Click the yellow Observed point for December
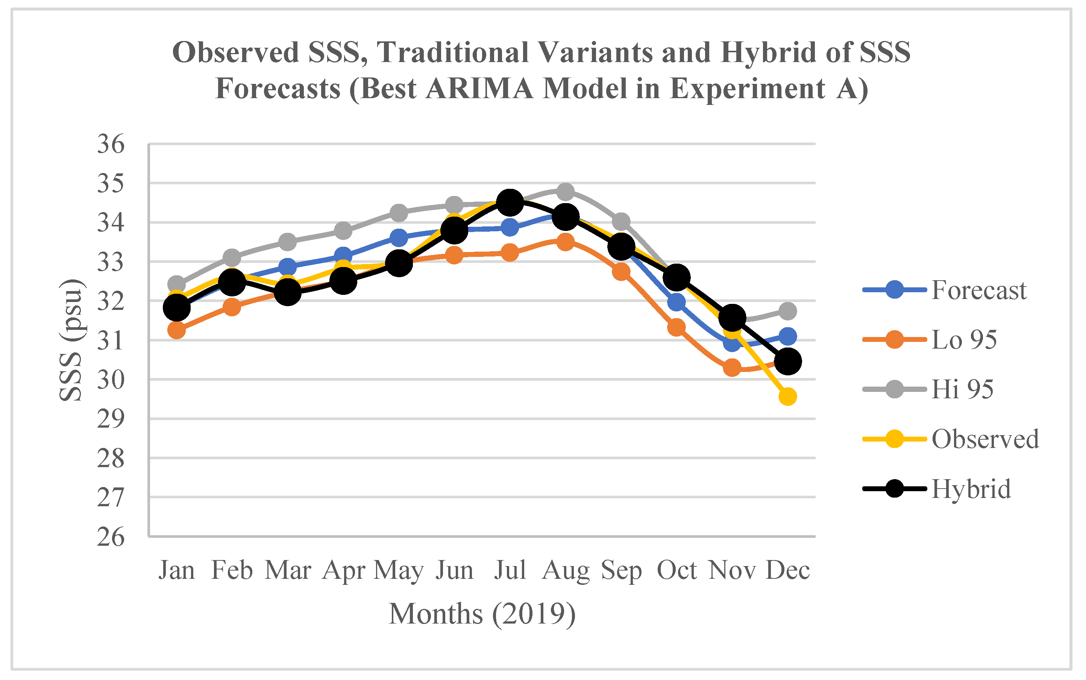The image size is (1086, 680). pyautogui.click(x=787, y=396)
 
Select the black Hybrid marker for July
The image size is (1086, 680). pyautogui.click(x=510, y=202)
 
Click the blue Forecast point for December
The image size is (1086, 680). pyautogui.click(x=787, y=336)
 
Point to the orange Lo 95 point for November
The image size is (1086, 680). pyautogui.click(x=732, y=368)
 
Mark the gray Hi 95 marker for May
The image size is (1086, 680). pyautogui.click(x=399, y=213)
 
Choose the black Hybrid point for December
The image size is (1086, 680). pyautogui.click(x=787, y=361)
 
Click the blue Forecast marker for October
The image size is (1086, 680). pyautogui.click(x=676, y=302)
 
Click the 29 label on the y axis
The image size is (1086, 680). pyautogui.click(x=111, y=419)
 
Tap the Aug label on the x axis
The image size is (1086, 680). pyautogui.click(x=565, y=570)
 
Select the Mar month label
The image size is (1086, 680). pyautogui.click(x=288, y=570)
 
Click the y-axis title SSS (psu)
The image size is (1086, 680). pyautogui.click(x=71, y=340)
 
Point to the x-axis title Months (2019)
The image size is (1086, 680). pyautogui.click(x=482, y=614)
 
